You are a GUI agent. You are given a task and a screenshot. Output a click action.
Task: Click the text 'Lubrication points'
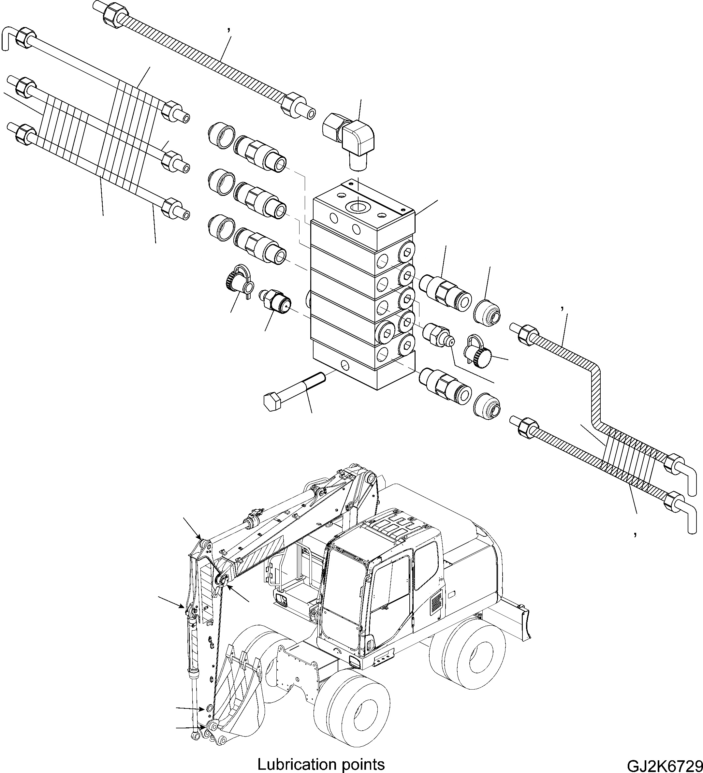point(321,764)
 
